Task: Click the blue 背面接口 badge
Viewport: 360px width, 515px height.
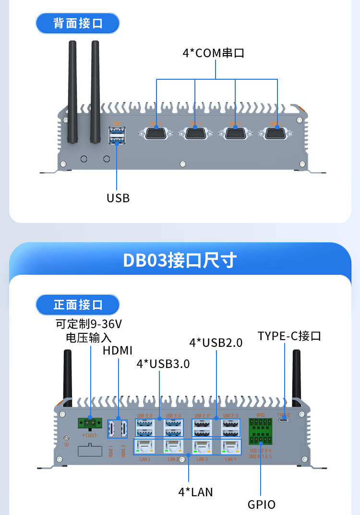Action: click(x=78, y=23)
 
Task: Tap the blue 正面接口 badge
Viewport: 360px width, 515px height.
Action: click(x=78, y=305)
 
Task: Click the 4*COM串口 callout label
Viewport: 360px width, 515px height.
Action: click(x=213, y=53)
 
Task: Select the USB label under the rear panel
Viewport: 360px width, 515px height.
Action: click(x=118, y=198)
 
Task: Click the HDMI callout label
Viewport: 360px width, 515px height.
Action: click(x=118, y=350)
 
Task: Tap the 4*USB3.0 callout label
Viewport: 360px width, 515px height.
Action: click(x=163, y=364)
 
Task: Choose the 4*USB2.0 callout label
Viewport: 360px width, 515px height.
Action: click(x=216, y=343)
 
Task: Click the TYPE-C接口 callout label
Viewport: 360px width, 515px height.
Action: click(x=289, y=336)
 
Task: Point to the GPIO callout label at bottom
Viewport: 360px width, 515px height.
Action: click(x=262, y=504)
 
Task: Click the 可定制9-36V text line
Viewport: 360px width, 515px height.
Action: click(x=88, y=323)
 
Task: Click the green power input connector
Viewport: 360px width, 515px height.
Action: click(x=90, y=423)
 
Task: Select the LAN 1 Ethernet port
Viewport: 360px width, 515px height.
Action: click(x=145, y=446)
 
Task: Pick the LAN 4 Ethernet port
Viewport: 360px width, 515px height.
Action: click(x=230, y=446)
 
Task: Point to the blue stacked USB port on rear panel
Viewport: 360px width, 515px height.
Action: click(x=117, y=135)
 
